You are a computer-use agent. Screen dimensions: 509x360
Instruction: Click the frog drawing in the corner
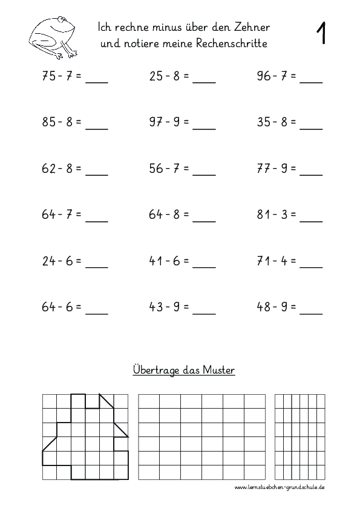pos(53,36)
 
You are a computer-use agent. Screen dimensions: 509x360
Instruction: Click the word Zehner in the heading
pos(251,27)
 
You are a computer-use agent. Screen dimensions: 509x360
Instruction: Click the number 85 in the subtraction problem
pos(48,122)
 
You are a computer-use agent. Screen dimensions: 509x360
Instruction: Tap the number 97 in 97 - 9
pos(156,122)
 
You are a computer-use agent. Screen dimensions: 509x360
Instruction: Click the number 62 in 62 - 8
pos(48,169)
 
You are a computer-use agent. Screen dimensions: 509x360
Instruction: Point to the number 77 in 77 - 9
pos(264,169)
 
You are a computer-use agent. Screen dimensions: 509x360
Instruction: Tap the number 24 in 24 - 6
pos(48,261)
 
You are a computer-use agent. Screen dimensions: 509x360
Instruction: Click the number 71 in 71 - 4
pos(264,261)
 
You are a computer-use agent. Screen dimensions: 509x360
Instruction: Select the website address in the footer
pos(280,487)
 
